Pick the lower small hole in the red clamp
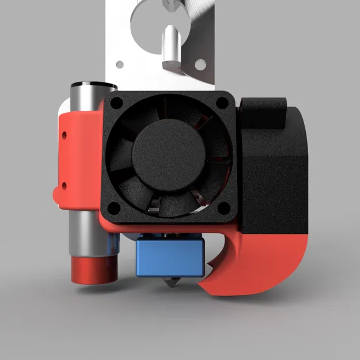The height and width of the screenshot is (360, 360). tap(64, 185)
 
